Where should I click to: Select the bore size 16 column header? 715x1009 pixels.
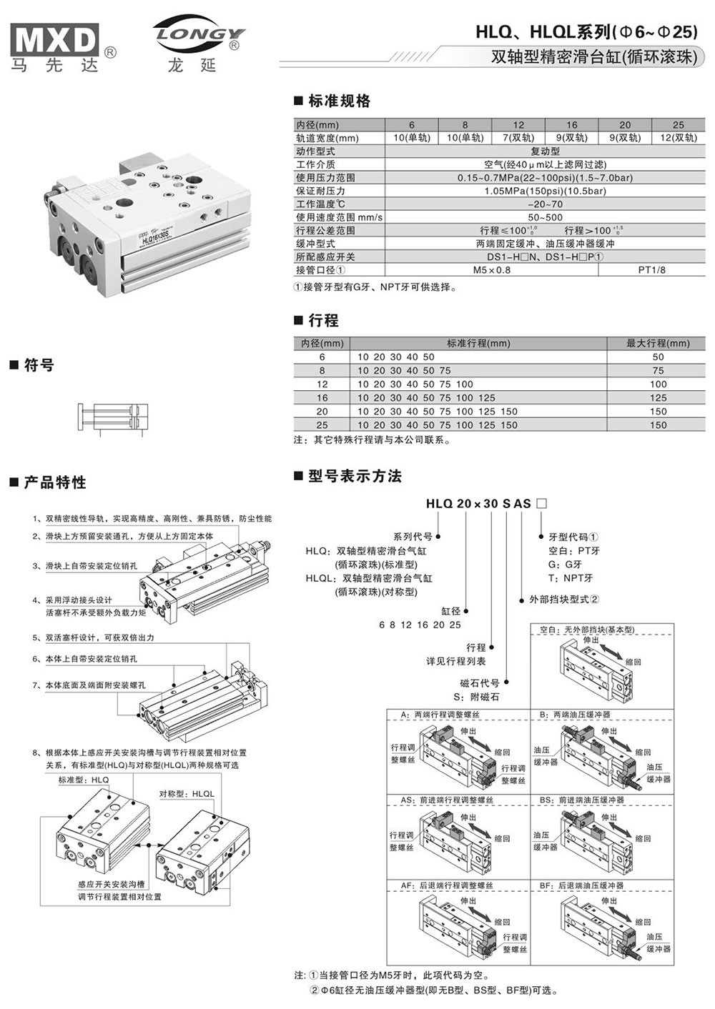[571, 124]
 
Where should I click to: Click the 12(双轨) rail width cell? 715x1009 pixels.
[678, 138]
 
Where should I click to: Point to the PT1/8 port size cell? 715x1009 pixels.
[651, 270]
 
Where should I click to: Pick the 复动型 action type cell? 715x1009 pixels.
[545, 151]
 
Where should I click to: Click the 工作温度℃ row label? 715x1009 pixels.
[321, 204]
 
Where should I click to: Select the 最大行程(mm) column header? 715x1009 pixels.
[658, 343]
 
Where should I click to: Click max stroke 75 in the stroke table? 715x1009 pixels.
[658, 370]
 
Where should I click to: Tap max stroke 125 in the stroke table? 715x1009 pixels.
[658, 397]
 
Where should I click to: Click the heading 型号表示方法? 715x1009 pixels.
[355, 477]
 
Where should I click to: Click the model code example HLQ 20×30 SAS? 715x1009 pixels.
[478, 504]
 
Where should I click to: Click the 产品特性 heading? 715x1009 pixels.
[54, 482]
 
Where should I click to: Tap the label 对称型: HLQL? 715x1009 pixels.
[187, 794]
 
